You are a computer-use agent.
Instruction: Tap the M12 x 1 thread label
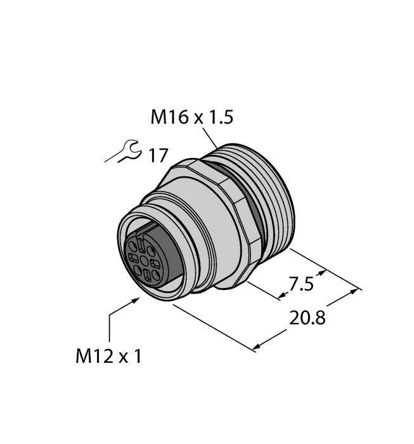pos(108,356)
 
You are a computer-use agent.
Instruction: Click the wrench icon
pos(122,153)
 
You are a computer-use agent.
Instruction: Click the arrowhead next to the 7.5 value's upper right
pos(325,273)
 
